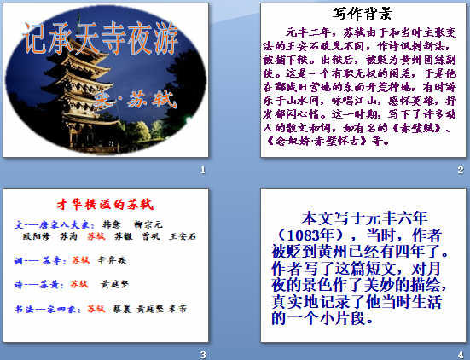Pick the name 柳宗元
pos(150,224)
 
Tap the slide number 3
pos(202,354)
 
